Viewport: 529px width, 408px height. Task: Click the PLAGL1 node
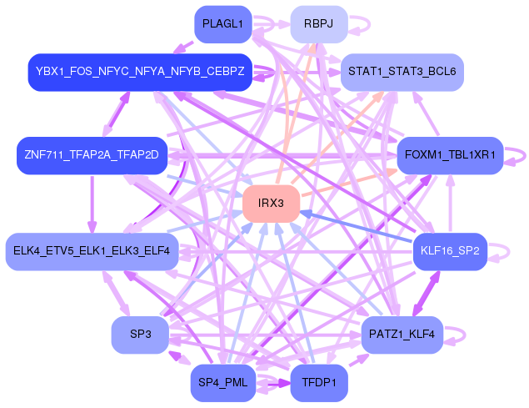tap(223, 24)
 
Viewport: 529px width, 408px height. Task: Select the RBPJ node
tap(319, 24)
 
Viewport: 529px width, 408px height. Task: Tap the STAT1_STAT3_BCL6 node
tap(402, 72)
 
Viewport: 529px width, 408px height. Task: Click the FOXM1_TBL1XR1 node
tap(450, 155)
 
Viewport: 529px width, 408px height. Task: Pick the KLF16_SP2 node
tap(450, 251)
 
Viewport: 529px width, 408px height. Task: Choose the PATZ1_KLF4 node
tap(402, 335)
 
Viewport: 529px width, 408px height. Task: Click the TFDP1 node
tap(319, 383)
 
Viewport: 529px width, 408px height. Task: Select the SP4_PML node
tap(223, 383)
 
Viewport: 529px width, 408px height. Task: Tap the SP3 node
tap(140, 335)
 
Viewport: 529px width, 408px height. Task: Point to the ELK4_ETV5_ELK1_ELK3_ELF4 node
tap(92, 251)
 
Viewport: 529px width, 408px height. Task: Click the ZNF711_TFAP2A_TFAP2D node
tap(92, 155)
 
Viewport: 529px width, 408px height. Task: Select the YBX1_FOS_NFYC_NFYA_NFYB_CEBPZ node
tap(140, 72)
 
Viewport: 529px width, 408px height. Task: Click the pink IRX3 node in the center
tap(272, 204)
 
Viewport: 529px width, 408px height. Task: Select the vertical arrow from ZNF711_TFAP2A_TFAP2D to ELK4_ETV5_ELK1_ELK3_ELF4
tap(92, 204)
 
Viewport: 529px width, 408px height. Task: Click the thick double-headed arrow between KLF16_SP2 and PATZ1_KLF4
tap(426, 294)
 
